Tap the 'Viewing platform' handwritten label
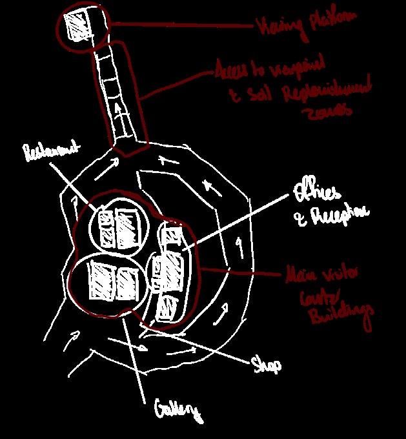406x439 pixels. pos(305,24)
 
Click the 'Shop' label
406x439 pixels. pos(265,365)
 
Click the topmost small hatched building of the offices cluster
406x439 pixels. pos(172,236)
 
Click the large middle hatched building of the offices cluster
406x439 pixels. pos(170,271)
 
